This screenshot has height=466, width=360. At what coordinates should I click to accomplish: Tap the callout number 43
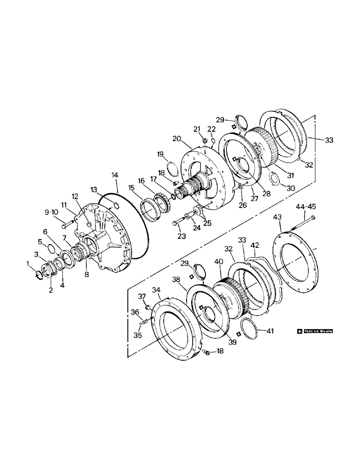278,217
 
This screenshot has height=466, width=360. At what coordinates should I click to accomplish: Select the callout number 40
217,262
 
